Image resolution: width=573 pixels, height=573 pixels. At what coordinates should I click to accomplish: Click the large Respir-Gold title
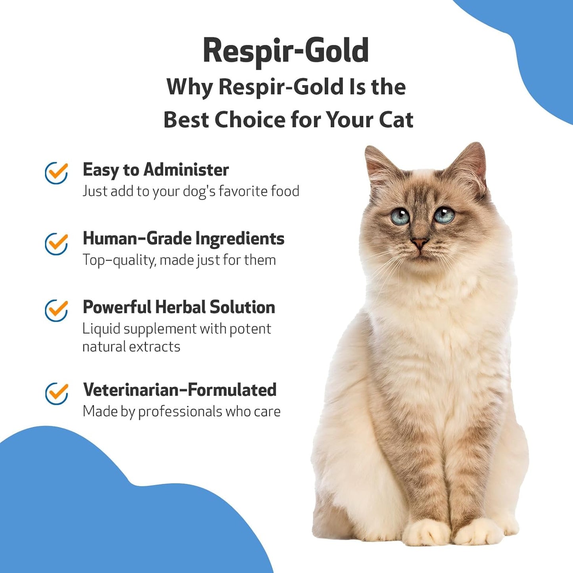(x=286, y=51)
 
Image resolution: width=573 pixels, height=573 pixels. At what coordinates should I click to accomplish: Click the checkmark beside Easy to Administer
(x=56, y=173)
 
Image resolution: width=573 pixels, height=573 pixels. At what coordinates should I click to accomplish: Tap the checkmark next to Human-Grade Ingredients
(x=56, y=243)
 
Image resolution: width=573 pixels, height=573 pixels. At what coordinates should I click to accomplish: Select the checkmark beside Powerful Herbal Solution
(x=56, y=310)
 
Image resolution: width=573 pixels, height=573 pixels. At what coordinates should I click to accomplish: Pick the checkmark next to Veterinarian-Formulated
(x=56, y=393)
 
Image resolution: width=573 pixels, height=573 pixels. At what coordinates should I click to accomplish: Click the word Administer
(x=186, y=170)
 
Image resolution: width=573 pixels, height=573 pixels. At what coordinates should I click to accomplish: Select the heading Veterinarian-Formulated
(x=180, y=390)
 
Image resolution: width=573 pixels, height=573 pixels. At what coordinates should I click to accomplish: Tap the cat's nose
(x=419, y=242)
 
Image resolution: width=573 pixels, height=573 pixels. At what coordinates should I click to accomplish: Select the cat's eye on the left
(x=400, y=217)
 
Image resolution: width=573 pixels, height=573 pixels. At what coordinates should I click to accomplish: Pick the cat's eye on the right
(x=443, y=215)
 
